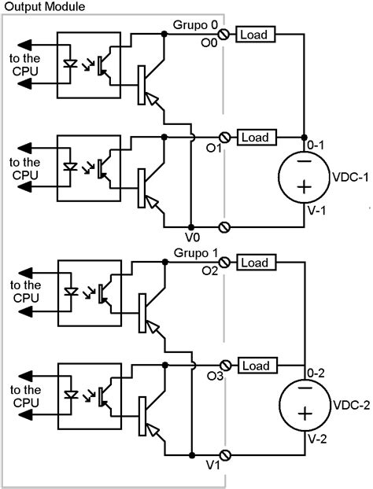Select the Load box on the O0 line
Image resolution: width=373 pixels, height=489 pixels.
point(253,35)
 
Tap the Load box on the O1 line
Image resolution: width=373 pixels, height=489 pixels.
point(253,138)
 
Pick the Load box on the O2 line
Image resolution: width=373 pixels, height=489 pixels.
point(253,263)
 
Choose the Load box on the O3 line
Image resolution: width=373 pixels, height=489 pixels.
point(253,366)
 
